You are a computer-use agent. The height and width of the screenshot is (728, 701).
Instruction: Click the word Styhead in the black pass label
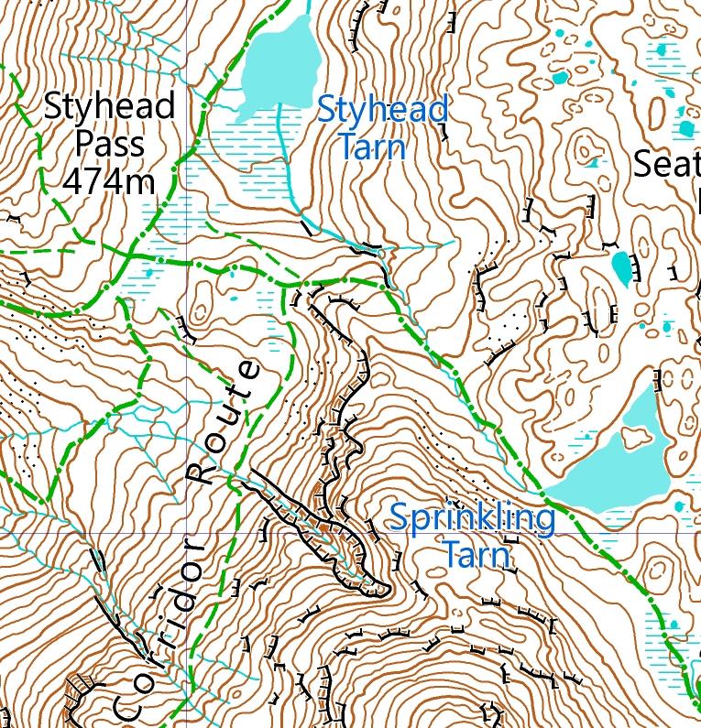pyautogui.click(x=109, y=107)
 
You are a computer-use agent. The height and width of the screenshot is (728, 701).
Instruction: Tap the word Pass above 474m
pyautogui.click(x=109, y=144)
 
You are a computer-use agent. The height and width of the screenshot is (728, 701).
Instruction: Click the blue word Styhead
pyautogui.click(x=382, y=110)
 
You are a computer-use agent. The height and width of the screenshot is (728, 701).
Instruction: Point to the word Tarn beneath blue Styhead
pyautogui.click(x=372, y=147)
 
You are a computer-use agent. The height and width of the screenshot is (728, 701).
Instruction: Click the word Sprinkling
pyautogui.click(x=472, y=518)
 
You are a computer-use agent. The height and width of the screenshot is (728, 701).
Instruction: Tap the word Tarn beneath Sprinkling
pyautogui.click(x=475, y=555)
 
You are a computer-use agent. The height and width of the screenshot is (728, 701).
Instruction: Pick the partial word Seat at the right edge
pyautogui.click(x=666, y=165)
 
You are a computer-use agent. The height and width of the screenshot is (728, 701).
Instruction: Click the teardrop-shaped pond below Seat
pyautogui.click(x=622, y=267)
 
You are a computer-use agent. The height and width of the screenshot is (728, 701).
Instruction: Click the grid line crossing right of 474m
pyautogui.click(x=187, y=263)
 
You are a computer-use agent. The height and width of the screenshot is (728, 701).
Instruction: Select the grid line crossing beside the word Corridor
pyautogui.click(x=187, y=532)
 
